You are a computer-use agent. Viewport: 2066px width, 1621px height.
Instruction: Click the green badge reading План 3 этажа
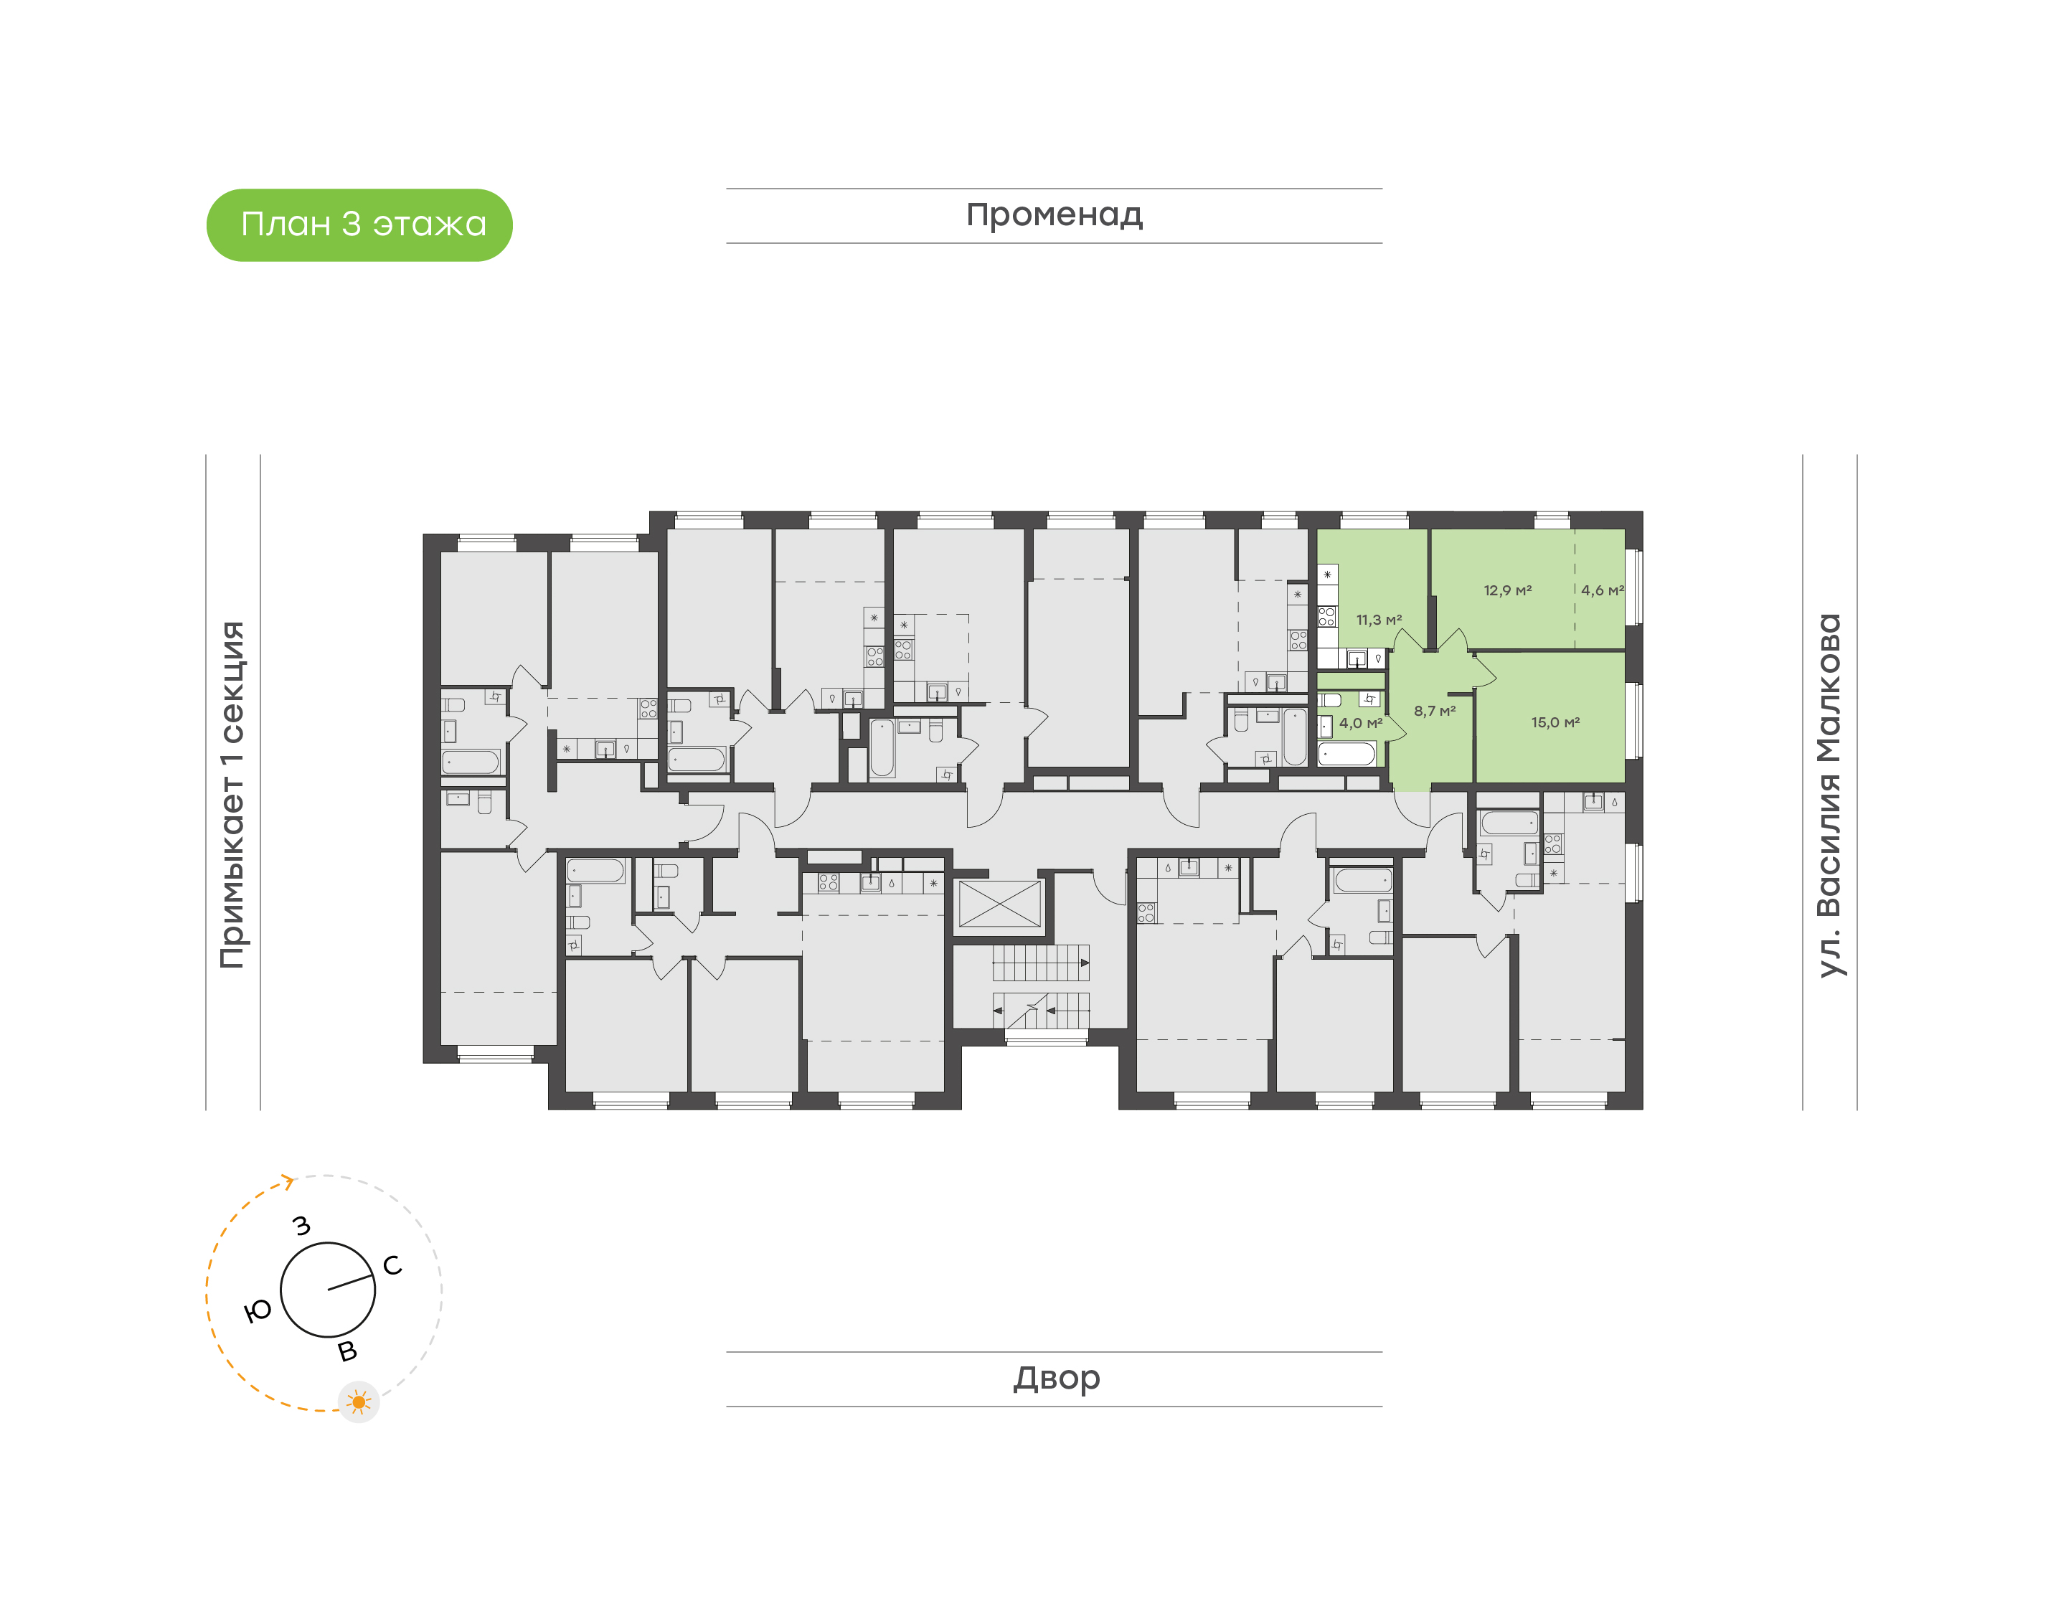[x=359, y=225]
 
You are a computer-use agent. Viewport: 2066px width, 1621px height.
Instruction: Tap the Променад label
[x=1055, y=215]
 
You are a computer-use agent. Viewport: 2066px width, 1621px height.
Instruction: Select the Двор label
[x=1056, y=1377]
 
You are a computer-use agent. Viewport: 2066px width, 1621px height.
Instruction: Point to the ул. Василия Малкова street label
[x=1829, y=795]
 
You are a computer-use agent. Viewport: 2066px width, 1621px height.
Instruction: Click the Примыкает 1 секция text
[x=232, y=795]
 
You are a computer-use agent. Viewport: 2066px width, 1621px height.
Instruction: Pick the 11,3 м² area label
[x=1378, y=620]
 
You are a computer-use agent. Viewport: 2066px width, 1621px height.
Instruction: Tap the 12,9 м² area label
[x=1508, y=590]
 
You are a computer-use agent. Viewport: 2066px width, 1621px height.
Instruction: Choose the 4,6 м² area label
[x=1602, y=590]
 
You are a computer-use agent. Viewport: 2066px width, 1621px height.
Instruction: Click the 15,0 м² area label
[x=1555, y=722]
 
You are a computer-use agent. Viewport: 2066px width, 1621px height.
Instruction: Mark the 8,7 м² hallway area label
[x=1434, y=710]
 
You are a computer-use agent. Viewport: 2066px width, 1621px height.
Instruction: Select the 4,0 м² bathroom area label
[x=1360, y=722]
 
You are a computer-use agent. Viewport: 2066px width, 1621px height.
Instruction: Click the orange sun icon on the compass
[x=359, y=1402]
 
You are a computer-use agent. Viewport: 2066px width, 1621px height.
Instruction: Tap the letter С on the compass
[x=392, y=1265]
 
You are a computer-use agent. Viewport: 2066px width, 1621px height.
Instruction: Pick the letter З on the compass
[x=302, y=1225]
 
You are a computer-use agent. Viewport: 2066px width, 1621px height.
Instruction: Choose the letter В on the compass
[x=347, y=1351]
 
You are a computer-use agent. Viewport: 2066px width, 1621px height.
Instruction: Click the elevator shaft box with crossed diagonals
[x=999, y=904]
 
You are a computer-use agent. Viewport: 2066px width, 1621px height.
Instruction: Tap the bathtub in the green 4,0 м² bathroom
[x=1346, y=754]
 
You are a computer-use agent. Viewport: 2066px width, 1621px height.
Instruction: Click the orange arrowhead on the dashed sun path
[x=287, y=1181]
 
